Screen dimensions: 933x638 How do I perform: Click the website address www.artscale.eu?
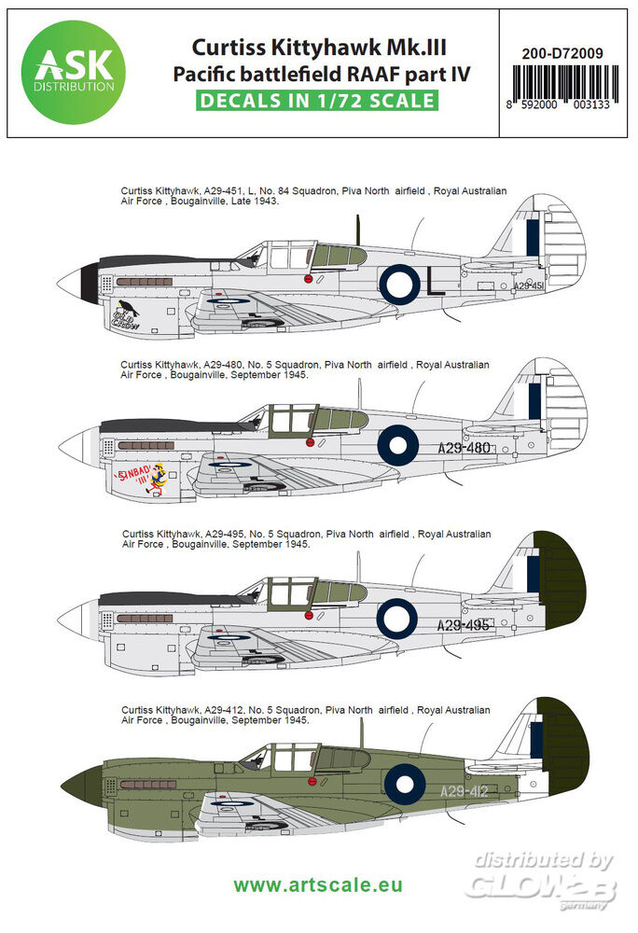[317, 884]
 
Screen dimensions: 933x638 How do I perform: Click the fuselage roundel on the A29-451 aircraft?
[399, 281]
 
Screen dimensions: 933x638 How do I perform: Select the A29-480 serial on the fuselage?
[465, 447]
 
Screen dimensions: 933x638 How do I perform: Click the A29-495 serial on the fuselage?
[464, 624]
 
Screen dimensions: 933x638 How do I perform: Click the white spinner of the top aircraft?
[70, 282]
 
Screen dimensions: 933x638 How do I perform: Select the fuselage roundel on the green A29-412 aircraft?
[398, 784]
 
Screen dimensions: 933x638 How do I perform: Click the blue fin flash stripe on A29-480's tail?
[534, 401]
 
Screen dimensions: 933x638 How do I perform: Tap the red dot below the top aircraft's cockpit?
[307, 278]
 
